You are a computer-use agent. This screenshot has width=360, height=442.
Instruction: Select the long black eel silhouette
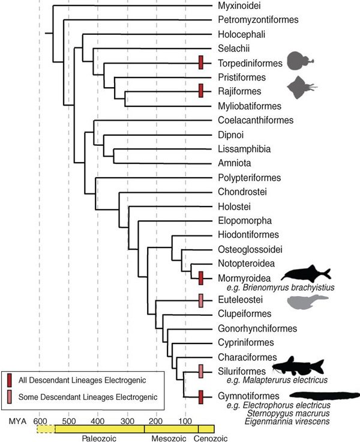pos(325,396)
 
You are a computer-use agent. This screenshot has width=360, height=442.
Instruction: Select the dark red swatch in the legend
pos(10,380)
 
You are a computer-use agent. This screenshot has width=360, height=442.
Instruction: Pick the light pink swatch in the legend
pos(10,396)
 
